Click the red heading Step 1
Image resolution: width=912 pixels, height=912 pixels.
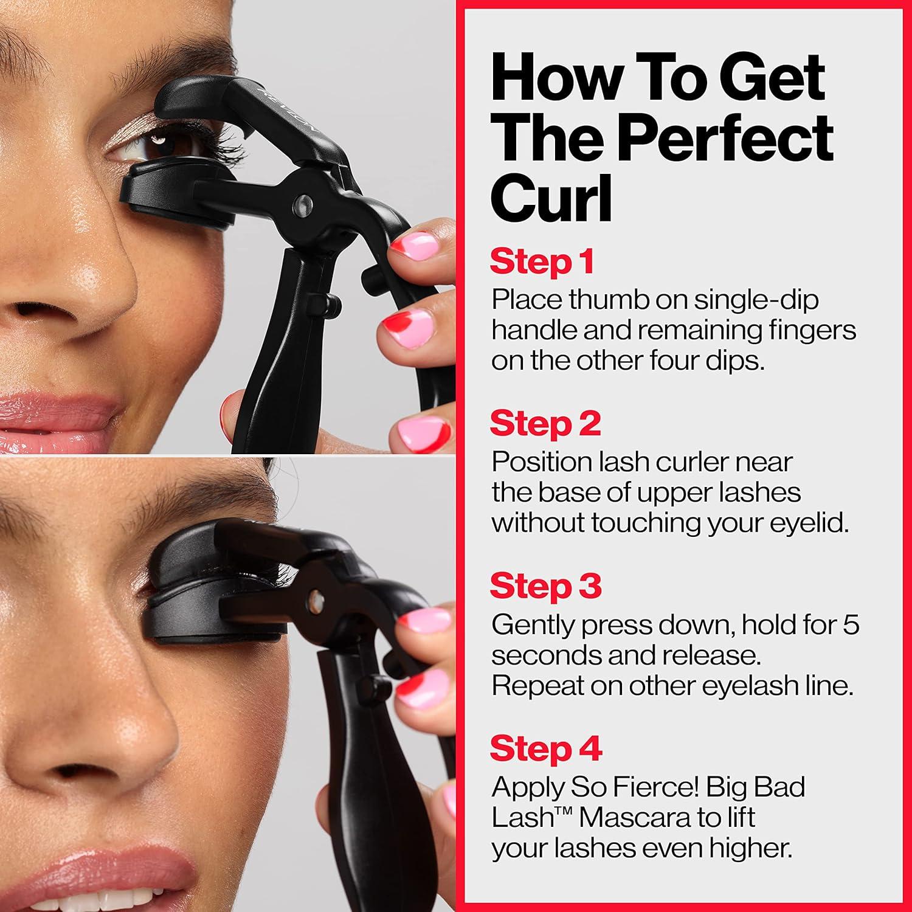click(542, 261)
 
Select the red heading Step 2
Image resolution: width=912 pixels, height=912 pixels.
click(545, 423)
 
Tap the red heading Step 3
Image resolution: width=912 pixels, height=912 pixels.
click(545, 586)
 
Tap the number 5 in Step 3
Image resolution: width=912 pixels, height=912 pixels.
click(851, 624)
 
